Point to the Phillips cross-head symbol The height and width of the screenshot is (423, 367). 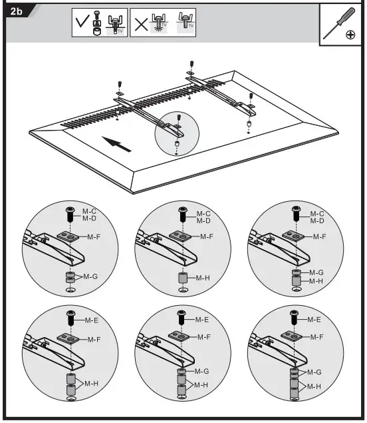[350, 35]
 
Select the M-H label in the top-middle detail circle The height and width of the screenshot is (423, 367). [203, 276]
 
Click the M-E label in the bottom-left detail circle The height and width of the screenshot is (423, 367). [91, 320]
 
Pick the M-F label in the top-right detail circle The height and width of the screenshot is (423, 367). [319, 236]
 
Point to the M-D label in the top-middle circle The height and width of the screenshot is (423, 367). [203, 220]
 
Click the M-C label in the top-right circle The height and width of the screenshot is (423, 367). [317, 214]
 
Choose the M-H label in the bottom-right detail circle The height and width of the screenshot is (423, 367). [316, 386]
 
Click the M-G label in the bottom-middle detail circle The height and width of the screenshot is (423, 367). [201, 370]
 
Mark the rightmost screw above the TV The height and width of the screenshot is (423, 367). [251, 97]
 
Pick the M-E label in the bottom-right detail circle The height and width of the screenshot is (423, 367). [315, 320]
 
